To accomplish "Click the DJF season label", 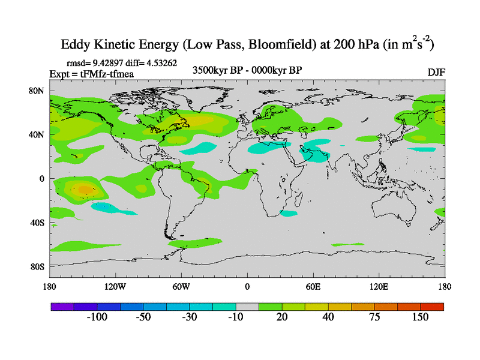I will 436,72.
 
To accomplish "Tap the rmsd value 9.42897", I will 107,62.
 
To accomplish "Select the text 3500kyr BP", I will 214,70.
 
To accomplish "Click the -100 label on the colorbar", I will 96,317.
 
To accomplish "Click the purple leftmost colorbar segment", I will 61,307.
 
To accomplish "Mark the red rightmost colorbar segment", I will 432,307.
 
